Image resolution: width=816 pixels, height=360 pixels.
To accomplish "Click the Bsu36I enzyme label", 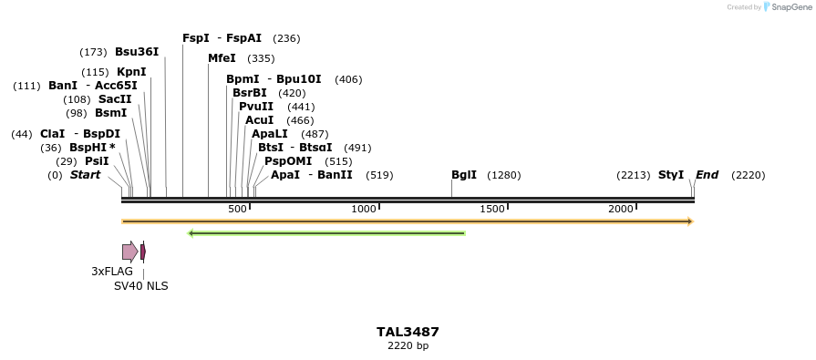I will point(137,52).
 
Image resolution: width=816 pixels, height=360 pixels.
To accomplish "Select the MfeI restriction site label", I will point(222,58).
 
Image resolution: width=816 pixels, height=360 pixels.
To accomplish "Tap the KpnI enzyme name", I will point(131,72).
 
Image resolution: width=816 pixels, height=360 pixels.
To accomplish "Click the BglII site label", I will point(464,175).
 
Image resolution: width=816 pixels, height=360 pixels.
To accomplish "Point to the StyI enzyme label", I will point(671,175).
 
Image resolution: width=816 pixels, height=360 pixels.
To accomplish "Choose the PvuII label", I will point(256,107).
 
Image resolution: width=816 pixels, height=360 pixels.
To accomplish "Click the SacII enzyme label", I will point(115,99).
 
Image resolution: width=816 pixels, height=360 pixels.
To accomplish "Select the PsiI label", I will point(97,161).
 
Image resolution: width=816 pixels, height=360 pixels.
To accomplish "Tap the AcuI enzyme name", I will point(260,120).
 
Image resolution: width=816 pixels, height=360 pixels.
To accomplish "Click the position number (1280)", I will point(504,175).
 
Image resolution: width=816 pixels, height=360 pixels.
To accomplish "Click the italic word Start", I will point(85,175).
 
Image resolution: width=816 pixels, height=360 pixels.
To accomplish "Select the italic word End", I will point(708,175).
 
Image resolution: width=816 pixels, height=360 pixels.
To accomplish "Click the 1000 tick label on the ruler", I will point(364,209).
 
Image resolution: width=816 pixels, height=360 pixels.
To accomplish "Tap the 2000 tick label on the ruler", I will point(621,209).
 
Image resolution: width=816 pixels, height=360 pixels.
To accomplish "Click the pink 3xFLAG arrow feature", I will point(129,252).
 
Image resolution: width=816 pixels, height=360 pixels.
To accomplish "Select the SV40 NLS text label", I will point(140,285).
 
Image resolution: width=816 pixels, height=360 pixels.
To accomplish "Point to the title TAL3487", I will point(408,332).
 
